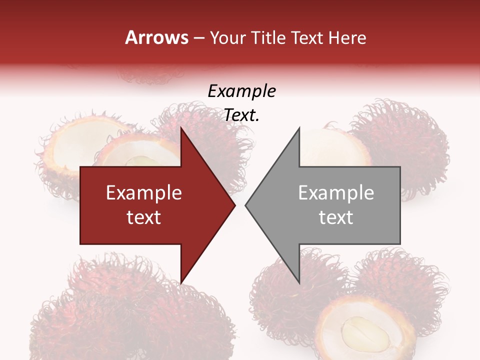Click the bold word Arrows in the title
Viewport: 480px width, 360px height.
[x=157, y=37]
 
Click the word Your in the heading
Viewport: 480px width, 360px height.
[x=227, y=37]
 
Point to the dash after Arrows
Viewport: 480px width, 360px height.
[x=199, y=38]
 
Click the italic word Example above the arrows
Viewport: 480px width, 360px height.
[x=241, y=91]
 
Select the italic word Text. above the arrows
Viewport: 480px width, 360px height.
[x=241, y=115]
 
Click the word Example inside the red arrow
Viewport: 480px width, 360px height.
[x=144, y=193]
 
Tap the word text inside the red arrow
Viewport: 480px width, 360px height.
[x=144, y=217]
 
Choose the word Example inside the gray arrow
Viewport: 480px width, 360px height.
[x=336, y=193]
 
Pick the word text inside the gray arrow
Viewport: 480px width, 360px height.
[x=336, y=217]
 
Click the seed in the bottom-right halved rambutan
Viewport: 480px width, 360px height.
[x=365, y=334]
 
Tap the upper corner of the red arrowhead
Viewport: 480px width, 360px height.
[x=181, y=128]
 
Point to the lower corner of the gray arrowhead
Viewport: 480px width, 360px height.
[x=299, y=282]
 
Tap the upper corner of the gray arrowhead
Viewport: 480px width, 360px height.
[x=299, y=128]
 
